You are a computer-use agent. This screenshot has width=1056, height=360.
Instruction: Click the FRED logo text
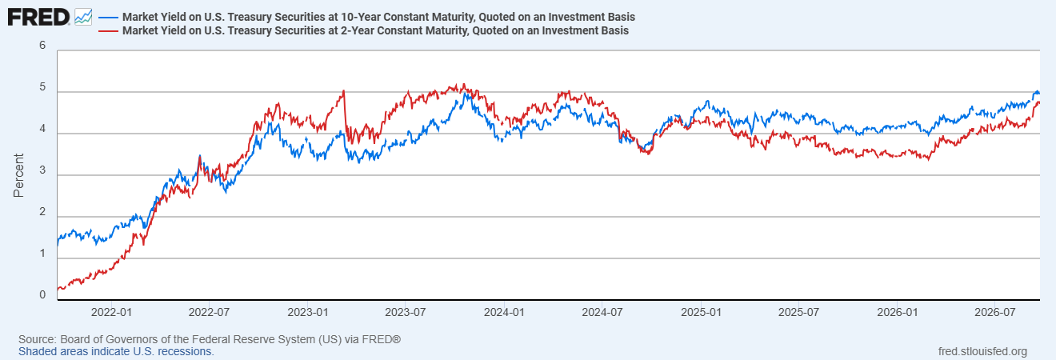[x=38, y=18]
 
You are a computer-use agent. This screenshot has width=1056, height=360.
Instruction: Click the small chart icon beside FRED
[x=83, y=18]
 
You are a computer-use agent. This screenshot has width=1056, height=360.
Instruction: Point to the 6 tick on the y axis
[x=42, y=46]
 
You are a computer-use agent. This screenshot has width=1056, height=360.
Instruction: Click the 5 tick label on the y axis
[x=42, y=87]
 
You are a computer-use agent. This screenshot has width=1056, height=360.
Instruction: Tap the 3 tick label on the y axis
[x=42, y=170]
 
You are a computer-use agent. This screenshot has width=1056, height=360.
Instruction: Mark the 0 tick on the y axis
[x=42, y=295]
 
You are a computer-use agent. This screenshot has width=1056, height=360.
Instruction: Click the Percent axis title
[x=18, y=175]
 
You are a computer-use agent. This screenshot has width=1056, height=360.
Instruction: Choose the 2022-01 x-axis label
[x=111, y=313]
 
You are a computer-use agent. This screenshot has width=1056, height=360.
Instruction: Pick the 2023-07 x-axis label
[x=406, y=313]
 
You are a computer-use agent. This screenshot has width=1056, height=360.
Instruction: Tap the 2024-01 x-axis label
[x=504, y=313]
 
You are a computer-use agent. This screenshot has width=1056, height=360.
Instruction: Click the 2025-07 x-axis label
[x=798, y=313]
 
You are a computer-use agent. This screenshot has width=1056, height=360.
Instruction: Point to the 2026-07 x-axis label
[x=994, y=313]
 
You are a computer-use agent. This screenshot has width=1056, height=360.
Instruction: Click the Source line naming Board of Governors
[x=210, y=339]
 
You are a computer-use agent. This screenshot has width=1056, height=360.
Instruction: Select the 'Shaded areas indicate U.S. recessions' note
[x=116, y=351]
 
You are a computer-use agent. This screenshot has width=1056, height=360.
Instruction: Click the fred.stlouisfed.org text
[x=982, y=351]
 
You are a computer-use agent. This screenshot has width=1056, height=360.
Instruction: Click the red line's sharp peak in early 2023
[x=344, y=90]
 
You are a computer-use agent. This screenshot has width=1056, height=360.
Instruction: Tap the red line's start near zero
[x=58, y=289]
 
